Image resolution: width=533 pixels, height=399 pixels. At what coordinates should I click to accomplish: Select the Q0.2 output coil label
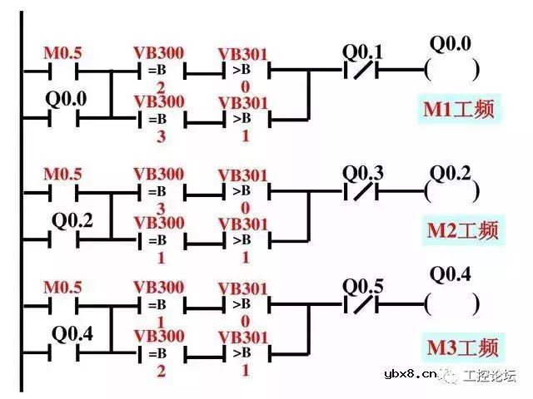(451, 174)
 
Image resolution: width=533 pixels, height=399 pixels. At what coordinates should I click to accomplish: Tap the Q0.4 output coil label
(451, 274)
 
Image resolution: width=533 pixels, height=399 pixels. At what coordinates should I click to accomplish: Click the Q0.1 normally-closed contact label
(363, 52)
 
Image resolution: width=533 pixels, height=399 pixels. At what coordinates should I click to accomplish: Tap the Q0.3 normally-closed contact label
(363, 174)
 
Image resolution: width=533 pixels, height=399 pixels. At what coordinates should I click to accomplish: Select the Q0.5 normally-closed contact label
(363, 287)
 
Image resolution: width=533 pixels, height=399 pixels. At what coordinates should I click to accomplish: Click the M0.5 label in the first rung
(62, 54)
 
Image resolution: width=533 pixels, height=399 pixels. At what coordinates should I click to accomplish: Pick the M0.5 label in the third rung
(62, 288)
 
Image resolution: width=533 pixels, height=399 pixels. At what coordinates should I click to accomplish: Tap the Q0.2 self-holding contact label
(72, 221)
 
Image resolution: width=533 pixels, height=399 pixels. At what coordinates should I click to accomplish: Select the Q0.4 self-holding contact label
(72, 335)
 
